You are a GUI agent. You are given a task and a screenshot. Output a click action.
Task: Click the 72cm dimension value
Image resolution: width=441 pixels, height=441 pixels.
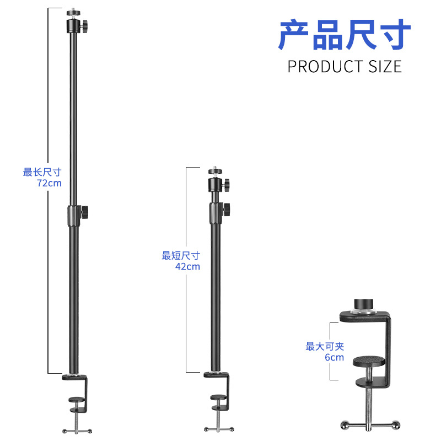click(49, 183)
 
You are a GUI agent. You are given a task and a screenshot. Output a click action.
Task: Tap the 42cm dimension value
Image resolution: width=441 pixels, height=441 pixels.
click(187, 266)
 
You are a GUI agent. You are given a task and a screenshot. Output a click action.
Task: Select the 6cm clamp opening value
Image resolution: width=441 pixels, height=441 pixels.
click(335, 357)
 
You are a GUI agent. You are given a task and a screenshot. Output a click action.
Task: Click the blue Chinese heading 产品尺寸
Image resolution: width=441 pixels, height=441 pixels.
click(345, 35)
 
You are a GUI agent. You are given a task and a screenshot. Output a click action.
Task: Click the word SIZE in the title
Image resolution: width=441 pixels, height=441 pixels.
click(385, 67)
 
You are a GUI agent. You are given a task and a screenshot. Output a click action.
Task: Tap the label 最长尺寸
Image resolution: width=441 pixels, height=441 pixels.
click(42, 172)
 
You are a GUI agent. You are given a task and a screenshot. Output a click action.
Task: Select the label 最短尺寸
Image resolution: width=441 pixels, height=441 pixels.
click(181, 256)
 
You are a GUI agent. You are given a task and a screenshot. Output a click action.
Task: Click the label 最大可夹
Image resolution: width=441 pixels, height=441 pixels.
click(325, 347)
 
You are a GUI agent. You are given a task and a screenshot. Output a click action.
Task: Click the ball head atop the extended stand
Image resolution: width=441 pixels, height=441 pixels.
click(74, 22)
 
